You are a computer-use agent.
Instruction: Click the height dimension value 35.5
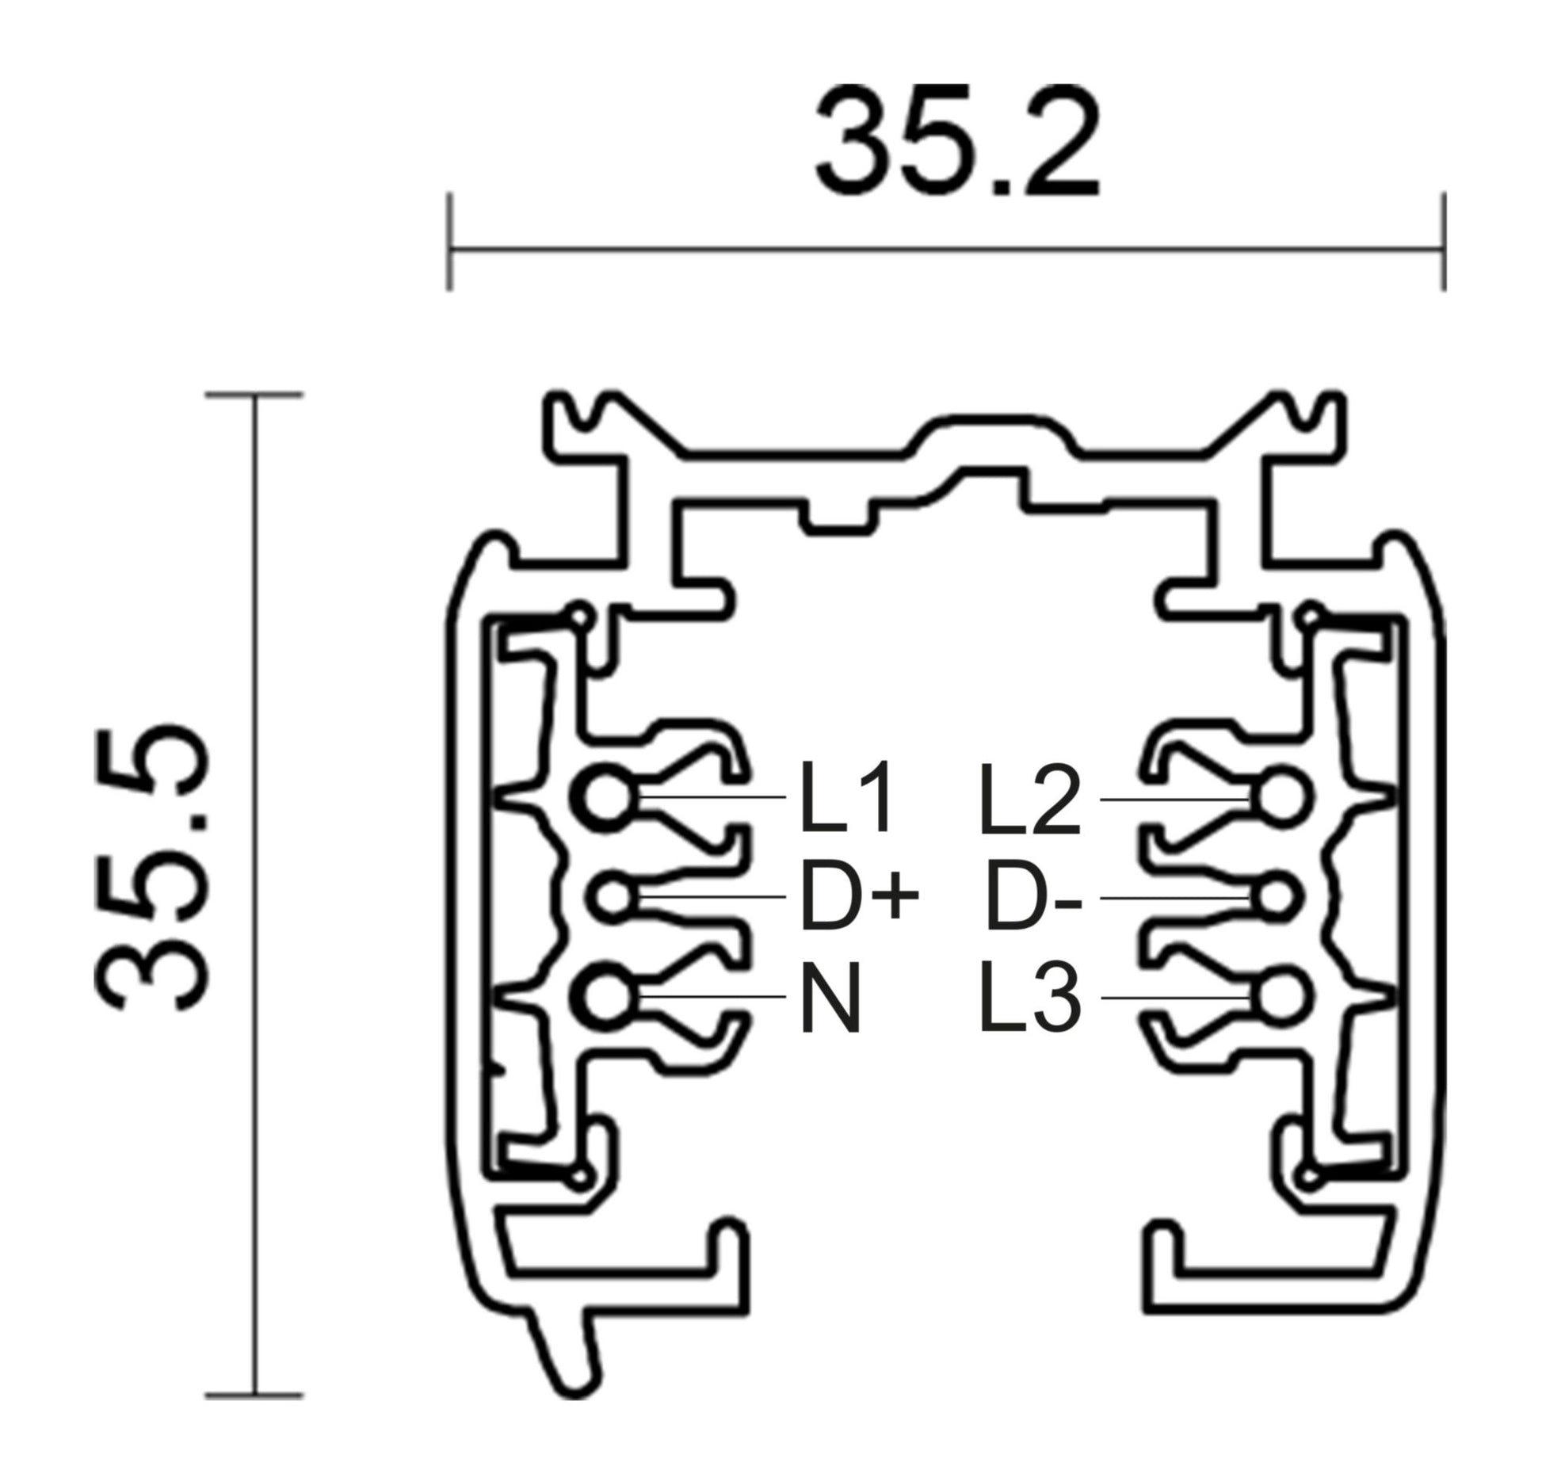(153, 868)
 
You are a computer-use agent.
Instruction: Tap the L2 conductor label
(1029, 800)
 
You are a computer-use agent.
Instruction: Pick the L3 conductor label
(1029, 996)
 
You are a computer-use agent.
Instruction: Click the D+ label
(859, 899)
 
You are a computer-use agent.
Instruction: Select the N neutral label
(830, 998)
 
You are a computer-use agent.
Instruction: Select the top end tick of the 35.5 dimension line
(254, 395)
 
